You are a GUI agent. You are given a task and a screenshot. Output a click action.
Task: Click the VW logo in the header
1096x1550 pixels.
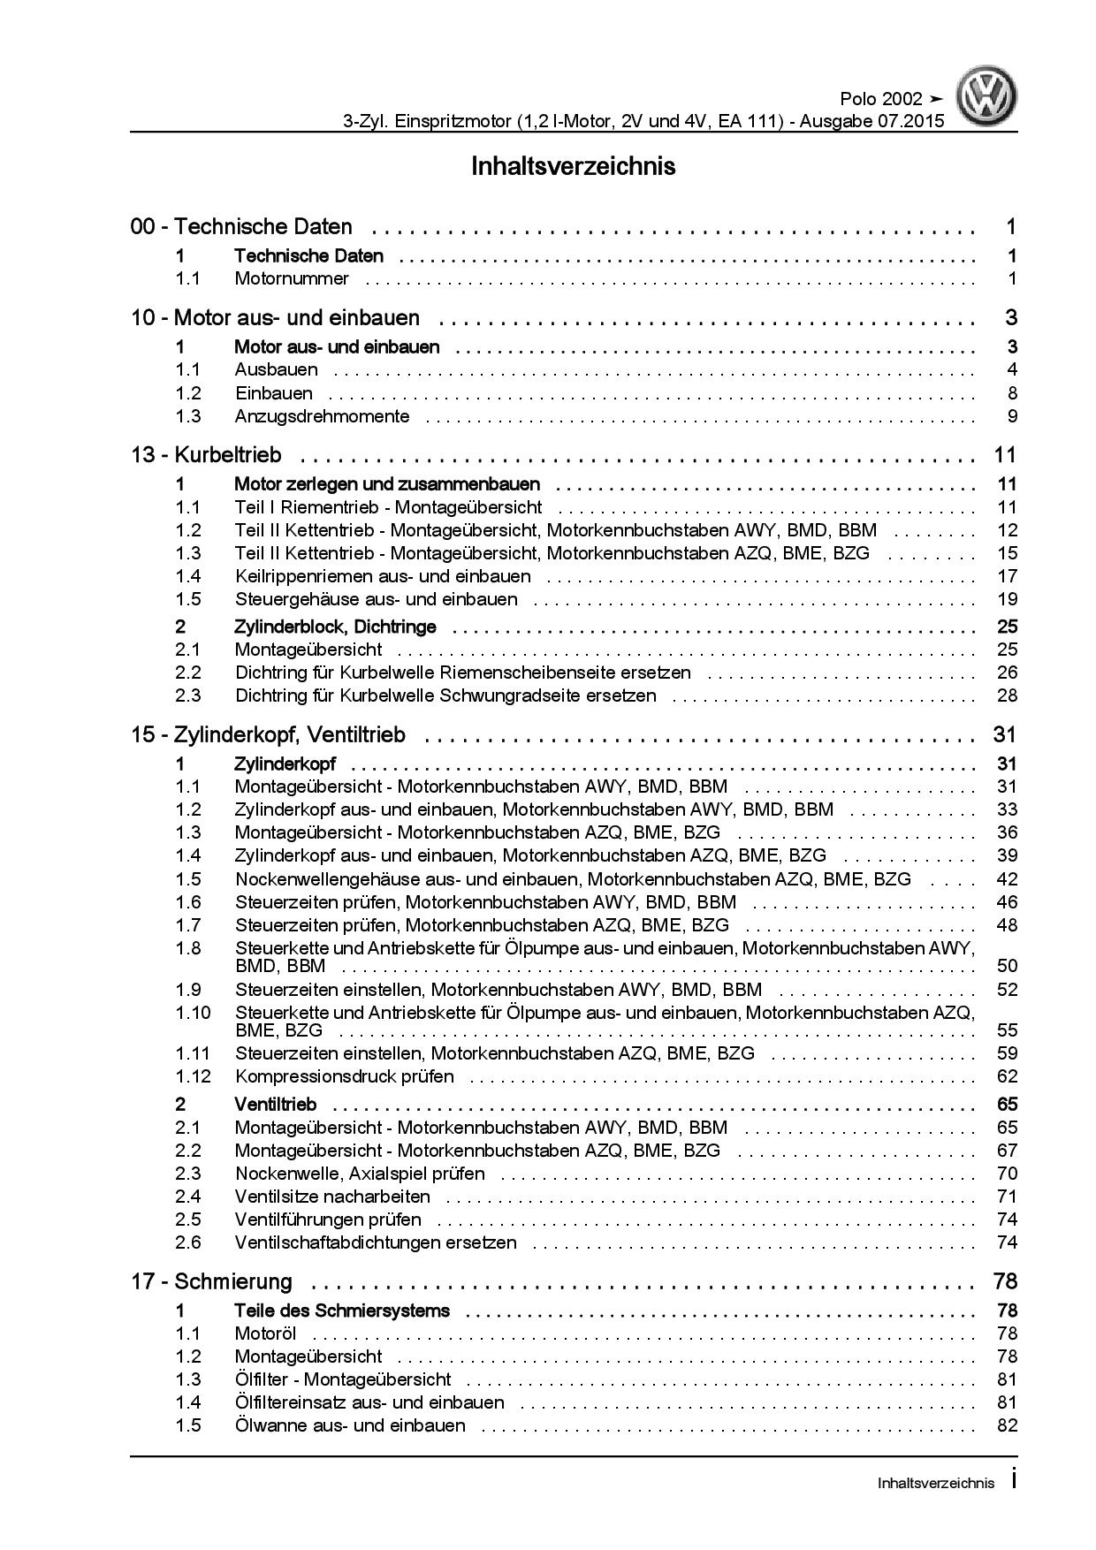pos(989,98)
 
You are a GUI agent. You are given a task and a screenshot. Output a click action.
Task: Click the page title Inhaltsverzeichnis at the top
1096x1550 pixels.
pos(574,166)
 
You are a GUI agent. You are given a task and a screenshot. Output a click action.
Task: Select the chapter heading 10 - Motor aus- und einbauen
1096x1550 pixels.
pos(275,318)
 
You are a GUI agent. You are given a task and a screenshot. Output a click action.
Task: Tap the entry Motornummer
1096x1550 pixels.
pos(292,279)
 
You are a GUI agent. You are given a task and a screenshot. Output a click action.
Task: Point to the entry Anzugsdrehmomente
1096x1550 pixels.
pos(322,416)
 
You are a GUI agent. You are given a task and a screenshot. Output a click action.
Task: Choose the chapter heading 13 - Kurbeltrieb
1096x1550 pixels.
pos(206,455)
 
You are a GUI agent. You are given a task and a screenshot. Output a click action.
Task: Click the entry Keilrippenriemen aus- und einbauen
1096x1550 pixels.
pos(383,576)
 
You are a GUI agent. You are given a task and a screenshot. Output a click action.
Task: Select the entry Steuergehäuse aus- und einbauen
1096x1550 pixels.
pos(376,599)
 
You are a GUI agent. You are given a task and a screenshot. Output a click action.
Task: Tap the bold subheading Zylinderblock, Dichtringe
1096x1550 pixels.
pos(335,627)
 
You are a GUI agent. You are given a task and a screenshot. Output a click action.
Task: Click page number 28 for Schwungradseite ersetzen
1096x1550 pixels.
pos(1007,695)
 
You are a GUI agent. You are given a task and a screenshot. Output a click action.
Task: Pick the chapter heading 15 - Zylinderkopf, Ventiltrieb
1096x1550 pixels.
pos(268,735)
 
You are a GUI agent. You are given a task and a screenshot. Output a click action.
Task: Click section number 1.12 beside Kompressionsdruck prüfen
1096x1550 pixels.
pos(192,1076)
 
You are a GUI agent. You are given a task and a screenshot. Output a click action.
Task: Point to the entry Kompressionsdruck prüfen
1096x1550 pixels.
pos(344,1076)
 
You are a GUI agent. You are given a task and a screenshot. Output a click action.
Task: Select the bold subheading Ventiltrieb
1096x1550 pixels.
pos(275,1105)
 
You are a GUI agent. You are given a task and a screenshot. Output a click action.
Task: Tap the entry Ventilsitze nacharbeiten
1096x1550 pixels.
pos(332,1197)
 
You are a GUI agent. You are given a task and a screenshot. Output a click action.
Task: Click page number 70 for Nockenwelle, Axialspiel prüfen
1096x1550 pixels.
pos(1007,1174)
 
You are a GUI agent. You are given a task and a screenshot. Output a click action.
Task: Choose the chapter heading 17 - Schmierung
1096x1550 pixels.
pos(211,1281)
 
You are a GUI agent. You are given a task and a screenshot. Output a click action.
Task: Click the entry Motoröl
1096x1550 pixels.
pos(265,1333)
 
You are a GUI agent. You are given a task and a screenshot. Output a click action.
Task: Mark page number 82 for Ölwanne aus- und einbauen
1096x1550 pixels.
pos(1007,1425)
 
